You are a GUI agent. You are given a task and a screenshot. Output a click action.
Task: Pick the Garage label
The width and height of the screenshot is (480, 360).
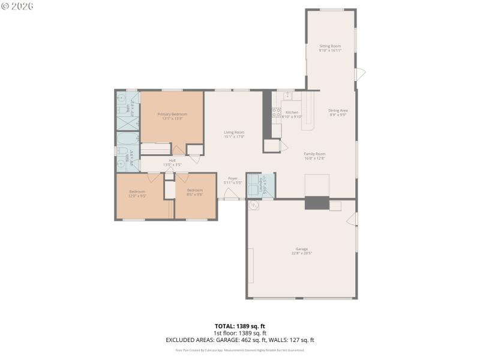[x=301, y=251]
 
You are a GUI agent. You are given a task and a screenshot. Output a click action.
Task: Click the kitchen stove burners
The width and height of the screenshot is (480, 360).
[x=276, y=112]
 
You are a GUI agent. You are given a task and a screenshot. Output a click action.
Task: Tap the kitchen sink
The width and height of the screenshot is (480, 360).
[x=287, y=95]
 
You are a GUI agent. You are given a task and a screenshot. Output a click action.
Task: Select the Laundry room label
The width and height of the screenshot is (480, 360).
[x=262, y=185]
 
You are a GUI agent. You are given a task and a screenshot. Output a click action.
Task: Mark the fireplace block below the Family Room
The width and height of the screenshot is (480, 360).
[x=317, y=203]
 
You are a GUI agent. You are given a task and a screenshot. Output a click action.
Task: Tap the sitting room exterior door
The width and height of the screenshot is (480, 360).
[x=360, y=74]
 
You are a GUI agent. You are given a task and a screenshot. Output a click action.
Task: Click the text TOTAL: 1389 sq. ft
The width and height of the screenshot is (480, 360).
[x=240, y=326]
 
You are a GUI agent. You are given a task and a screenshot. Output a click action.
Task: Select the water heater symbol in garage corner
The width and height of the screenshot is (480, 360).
[x=254, y=206]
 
